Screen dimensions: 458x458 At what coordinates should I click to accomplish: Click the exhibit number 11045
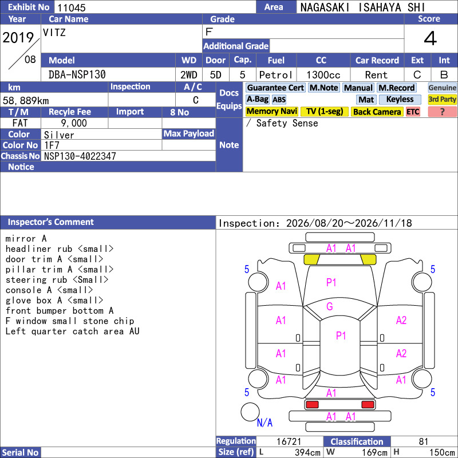click(x=71, y=7)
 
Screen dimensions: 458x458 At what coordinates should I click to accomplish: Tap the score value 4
click(x=431, y=38)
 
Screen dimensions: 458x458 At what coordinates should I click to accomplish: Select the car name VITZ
click(x=54, y=32)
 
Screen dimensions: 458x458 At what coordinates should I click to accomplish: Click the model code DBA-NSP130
click(x=77, y=74)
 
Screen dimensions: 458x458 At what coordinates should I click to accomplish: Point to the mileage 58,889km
click(x=26, y=101)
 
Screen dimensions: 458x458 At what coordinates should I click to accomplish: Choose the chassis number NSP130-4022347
click(x=80, y=156)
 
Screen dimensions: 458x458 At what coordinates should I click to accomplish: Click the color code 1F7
click(x=52, y=145)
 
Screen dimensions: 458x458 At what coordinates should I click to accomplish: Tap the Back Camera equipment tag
click(x=377, y=112)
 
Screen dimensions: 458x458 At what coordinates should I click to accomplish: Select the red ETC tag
click(x=413, y=112)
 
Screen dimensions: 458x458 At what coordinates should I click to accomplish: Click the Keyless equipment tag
click(x=400, y=99)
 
